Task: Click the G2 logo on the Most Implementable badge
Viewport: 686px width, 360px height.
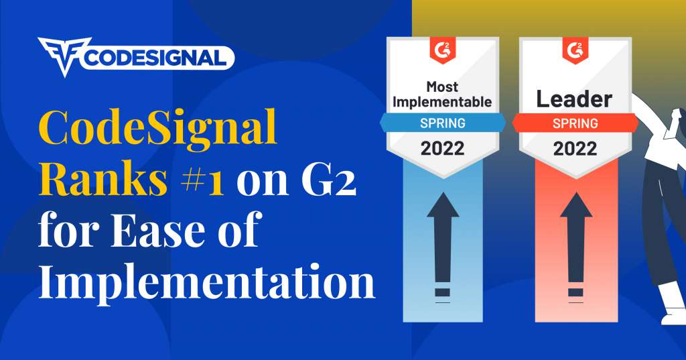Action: [442, 50]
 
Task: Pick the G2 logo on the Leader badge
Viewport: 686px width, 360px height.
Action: [575, 50]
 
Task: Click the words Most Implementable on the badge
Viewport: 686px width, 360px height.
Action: [442, 94]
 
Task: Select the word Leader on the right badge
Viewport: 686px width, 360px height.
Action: [574, 99]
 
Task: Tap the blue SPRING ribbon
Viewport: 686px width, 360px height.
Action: [442, 123]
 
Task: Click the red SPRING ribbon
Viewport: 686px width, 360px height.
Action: [575, 123]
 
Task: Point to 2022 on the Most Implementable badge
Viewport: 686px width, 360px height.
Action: [442, 149]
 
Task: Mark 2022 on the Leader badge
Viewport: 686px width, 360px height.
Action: [575, 149]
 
